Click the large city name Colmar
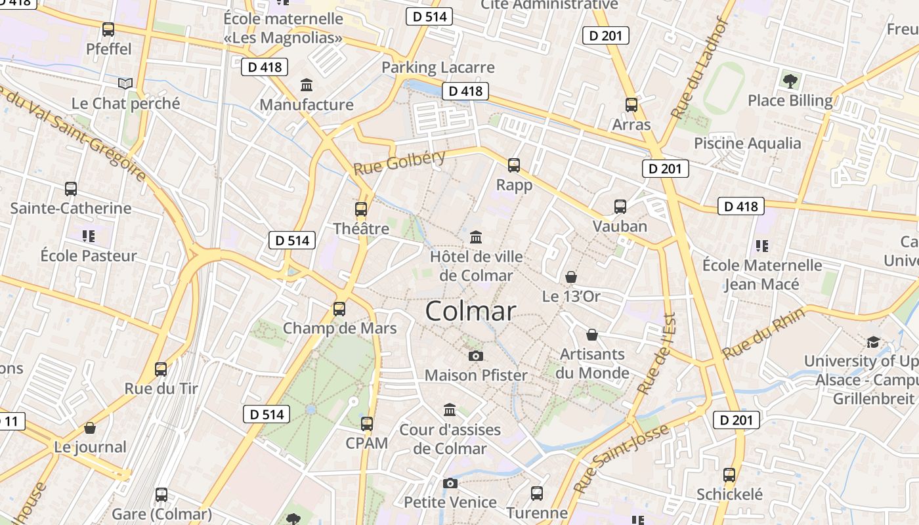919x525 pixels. [x=471, y=311]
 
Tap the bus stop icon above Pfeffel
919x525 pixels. [x=108, y=30]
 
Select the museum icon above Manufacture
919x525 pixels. [x=307, y=85]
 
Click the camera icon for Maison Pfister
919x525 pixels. [x=476, y=356]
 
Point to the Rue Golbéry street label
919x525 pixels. [x=399, y=161]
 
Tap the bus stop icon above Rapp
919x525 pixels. [x=514, y=165]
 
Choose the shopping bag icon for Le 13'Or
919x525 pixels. [x=571, y=277]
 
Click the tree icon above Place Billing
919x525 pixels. [x=790, y=81]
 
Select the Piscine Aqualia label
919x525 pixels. [x=748, y=143]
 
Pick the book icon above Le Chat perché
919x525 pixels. [x=125, y=83]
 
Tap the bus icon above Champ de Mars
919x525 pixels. [x=339, y=308]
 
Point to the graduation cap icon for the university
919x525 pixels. [x=873, y=342]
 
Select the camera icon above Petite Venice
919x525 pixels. [x=450, y=483]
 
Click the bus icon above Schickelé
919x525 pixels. [x=729, y=475]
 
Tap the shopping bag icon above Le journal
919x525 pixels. [x=90, y=428]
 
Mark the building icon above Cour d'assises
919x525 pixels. [x=450, y=410]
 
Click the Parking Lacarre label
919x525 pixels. [x=438, y=67]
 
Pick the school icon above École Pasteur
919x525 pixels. [x=89, y=236]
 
